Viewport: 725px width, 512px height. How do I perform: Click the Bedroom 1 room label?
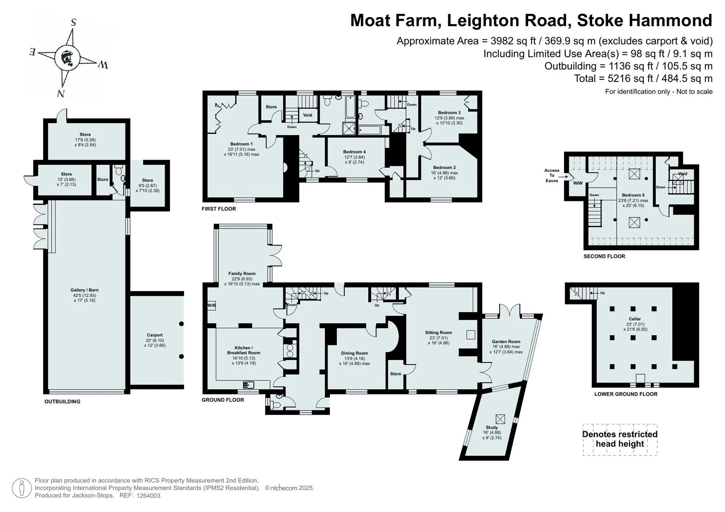(241, 144)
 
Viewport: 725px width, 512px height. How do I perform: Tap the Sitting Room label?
(438, 332)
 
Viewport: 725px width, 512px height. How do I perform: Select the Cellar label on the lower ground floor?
(635, 319)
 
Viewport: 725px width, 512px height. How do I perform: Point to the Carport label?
(155, 335)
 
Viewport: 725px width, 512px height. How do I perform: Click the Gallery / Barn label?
(84, 290)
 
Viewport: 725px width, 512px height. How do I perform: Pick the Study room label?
(492, 427)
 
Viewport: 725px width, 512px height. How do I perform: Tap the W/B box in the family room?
(211, 305)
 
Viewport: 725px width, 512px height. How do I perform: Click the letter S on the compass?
(74, 22)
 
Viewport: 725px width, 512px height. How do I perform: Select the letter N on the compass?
(61, 93)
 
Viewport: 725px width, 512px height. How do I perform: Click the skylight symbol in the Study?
(500, 419)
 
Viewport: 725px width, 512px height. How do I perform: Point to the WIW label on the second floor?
(578, 183)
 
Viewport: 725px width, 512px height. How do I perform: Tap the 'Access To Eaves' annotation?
(552, 175)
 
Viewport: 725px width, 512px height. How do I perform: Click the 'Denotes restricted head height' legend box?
(620, 440)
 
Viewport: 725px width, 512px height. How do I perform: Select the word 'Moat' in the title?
(374, 20)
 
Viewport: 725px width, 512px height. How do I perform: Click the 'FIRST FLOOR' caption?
(219, 209)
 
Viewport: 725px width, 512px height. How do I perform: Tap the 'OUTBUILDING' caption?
(62, 402)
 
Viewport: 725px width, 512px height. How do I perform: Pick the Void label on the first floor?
(307, 115)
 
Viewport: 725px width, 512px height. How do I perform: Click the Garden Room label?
(506, 341)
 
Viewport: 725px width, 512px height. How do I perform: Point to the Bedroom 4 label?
(355, 152)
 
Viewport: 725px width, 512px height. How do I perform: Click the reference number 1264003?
(148, 496)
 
